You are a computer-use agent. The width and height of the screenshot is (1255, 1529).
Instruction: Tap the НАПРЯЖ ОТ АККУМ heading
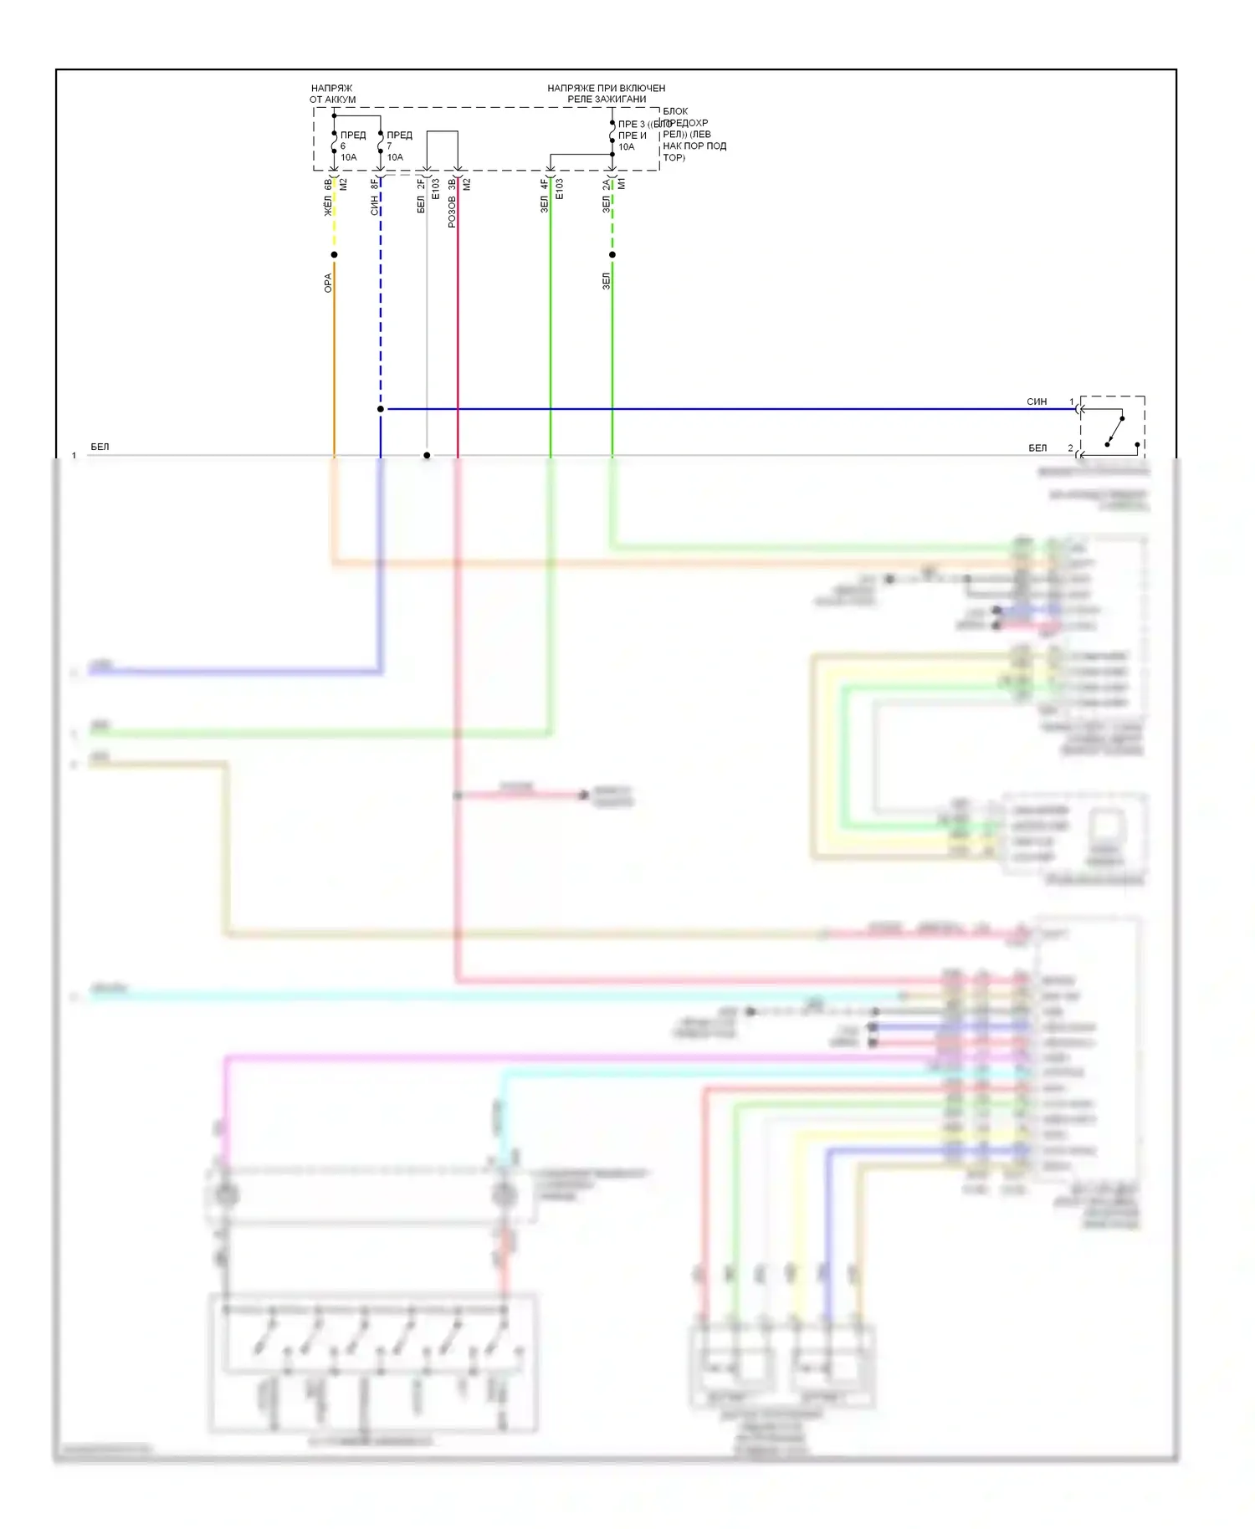[x=332, y=94]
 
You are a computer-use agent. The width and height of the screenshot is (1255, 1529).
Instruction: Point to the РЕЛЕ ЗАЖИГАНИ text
[x=607, y=99]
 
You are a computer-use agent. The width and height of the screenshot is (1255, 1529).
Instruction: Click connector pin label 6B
[x=328, y=184]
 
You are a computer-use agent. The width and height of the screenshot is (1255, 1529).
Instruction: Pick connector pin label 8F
[x=375, y=184]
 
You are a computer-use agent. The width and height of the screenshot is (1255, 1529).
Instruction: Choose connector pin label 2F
[x=421, y=184]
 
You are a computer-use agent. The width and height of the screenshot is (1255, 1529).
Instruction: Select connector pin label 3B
[x=452, y=184]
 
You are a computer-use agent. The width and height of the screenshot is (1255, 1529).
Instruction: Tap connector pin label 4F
[x=544, y=184]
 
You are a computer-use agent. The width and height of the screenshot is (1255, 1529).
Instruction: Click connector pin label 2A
[x=607, y=184]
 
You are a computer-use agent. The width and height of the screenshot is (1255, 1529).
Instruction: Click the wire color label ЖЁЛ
[x=328, y=206]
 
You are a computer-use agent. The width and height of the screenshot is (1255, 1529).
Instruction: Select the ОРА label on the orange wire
[x=328, y=283]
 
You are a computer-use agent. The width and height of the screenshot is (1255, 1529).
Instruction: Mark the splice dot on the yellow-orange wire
[x=334, y=254]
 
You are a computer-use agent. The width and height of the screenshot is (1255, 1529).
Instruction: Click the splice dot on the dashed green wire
[x=612, y=254]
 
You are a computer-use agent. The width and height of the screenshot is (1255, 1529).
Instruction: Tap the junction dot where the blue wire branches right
[x=381, y=409]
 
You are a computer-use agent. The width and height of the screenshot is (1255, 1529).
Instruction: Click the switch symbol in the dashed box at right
[x=1114, y=430]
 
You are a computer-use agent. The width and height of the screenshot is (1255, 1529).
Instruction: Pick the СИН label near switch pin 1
[x=1037, y=401]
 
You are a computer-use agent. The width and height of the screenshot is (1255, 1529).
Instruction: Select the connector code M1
[x=622, y=184]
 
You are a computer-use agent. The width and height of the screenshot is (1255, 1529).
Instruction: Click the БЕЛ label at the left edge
[x=100, y=447]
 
